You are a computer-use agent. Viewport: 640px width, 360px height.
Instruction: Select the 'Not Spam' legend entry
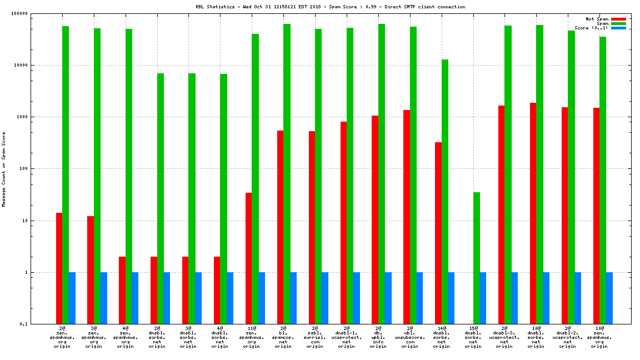click(x=597, y=19)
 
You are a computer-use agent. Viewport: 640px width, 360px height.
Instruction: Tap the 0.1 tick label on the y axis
click(x=23, y=324)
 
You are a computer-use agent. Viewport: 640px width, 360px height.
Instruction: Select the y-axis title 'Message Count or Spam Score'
click(x=4, y=169)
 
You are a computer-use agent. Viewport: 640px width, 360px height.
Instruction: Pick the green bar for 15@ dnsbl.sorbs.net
click(x=476, y=258)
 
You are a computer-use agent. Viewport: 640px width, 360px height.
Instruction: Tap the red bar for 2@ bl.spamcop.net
click(x=280, y=227)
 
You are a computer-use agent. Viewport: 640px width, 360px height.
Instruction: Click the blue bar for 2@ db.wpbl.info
click(x=388, y=298)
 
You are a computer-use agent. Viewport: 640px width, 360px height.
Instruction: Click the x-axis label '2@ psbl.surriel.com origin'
click(x=315, y=339)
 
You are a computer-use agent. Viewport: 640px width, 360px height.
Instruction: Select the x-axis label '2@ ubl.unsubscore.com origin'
click(x=410, y=339)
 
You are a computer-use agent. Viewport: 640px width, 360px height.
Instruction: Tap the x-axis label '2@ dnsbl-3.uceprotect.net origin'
click(x=504, y=339)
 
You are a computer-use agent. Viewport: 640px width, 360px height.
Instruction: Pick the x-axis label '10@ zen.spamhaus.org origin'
click(x=599, y=339)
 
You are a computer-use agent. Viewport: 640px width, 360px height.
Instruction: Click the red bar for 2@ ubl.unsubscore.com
click(x=407, y=217)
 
